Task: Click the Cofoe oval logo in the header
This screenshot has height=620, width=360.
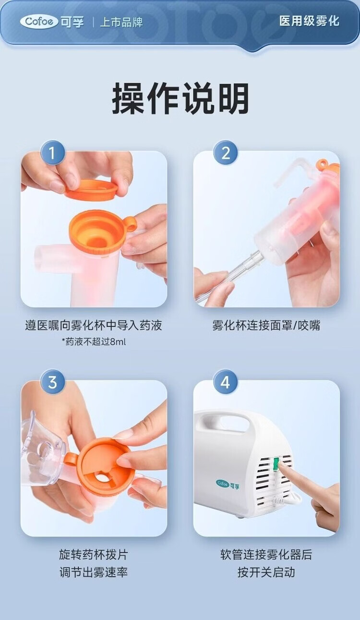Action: click(x=39, y=22)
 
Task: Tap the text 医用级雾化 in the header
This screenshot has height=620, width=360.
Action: click(x=309, y=21)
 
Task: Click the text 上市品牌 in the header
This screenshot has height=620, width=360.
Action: click(x=121, y=22)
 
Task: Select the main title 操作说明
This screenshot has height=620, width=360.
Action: click(x=180, y=98)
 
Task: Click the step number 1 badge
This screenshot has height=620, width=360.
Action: click(x=53, y=153)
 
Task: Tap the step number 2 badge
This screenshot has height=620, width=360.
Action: click(x=226, y=153)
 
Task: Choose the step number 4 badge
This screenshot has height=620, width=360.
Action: click(x=226, y=383)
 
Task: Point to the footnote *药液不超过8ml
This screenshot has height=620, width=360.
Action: click(x=94, y=342)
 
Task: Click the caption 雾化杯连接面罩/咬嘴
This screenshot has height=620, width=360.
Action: click(x=266, y=325)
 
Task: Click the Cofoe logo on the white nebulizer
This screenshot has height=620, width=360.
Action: click(x=228, y=484)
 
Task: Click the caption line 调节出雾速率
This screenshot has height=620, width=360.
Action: click(x=94, y=572)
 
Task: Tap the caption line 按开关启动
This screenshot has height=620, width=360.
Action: click(x=266, y=572)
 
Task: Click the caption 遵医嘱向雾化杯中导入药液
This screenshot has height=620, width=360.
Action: click(x=94, y=325)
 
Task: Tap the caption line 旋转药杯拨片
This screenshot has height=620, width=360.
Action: click(x=94, y=555)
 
